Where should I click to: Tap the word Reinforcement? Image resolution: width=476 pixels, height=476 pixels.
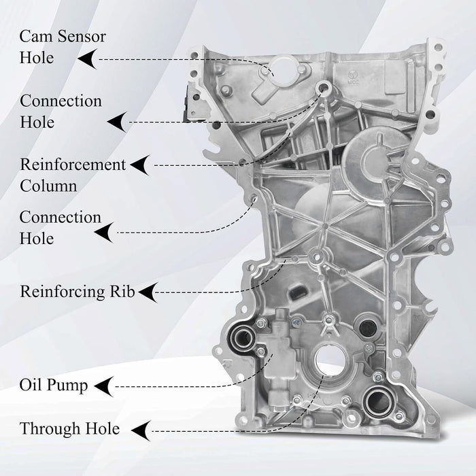click(x=73, y=165)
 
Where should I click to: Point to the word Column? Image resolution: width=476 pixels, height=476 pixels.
click(x=48, y=186)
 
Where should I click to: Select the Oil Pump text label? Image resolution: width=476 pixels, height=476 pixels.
click(x=54, y=386)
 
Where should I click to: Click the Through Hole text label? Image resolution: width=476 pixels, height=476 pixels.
click(x=69, y=429)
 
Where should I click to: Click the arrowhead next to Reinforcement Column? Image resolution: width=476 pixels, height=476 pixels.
click(x=140, y=165)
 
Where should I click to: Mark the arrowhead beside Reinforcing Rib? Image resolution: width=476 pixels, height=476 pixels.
click(x=146, y=292)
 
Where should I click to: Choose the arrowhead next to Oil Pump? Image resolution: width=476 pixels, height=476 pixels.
click(x=103, y=386)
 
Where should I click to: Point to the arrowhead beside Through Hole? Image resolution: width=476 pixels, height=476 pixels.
click(x=139, y=430)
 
